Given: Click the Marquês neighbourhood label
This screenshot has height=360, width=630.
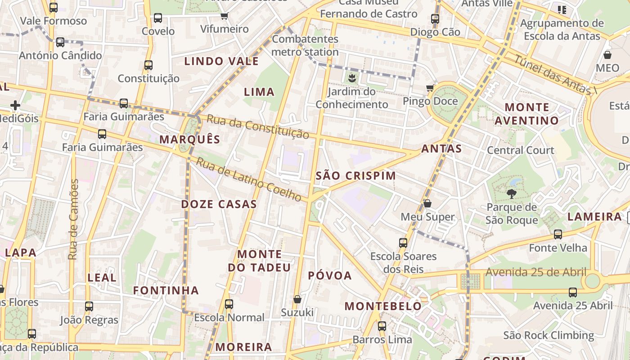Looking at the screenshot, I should point(190,139).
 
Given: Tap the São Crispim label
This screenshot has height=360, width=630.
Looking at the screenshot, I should point(356,176).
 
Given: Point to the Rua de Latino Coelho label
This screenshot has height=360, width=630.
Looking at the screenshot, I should point(248,180).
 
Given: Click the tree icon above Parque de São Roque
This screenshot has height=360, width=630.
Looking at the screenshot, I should point(511,194).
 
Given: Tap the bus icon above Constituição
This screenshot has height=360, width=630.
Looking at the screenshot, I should point(148,65).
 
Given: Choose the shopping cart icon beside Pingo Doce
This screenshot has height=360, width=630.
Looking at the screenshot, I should point(430,88).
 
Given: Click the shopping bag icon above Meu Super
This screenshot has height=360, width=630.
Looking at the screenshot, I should point(427,204).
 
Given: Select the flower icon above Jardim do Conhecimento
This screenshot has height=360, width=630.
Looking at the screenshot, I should point(351,78).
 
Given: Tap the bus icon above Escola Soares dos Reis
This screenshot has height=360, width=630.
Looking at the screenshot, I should point(403,243).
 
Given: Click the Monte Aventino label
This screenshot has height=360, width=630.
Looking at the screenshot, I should point(526,114).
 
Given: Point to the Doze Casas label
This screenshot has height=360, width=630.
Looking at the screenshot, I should point(219,204).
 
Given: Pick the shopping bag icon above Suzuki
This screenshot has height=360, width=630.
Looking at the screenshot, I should point(297,299).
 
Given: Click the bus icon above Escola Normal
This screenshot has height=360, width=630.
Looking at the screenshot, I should point(229,304).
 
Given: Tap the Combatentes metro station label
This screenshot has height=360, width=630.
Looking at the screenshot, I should point(305,45).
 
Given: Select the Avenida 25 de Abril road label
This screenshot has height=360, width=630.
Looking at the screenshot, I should point(535,272).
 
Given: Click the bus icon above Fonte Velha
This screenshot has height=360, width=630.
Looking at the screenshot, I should point(558,234).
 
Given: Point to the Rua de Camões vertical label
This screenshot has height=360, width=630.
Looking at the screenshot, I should point(73,220).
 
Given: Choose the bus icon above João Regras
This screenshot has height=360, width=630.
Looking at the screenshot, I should point(89,307).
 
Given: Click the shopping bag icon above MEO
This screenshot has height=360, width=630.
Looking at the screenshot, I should point(607,55).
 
